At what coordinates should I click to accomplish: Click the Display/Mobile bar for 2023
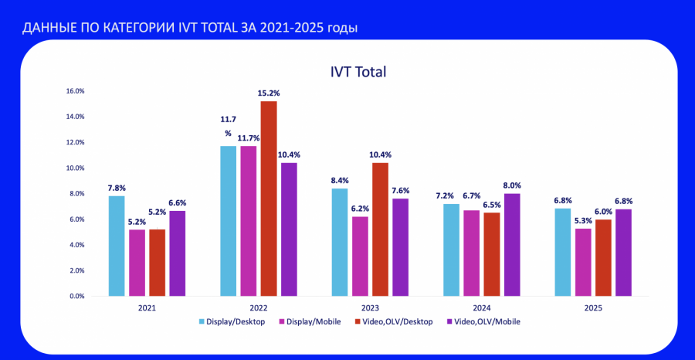[x=359, y=256]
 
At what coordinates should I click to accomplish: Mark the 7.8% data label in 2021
[x=117, y=187]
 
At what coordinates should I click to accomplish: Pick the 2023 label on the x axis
[x=370, y=307]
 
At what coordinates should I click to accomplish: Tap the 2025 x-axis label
[x=593, y=307]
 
